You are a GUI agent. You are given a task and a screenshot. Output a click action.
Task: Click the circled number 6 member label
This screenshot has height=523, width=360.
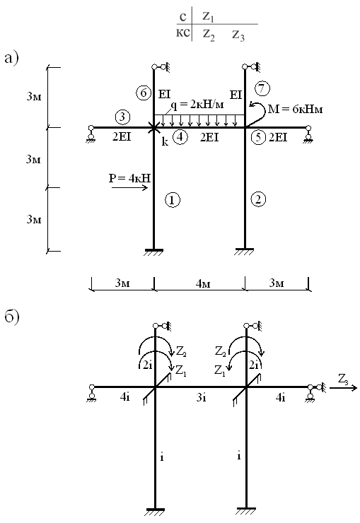click(x=143, y=93)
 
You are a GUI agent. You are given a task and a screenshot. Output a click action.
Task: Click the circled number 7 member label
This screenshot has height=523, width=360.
click(x=262, y=89)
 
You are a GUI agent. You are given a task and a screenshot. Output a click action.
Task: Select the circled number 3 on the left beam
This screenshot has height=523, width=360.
click(x=122, y=117)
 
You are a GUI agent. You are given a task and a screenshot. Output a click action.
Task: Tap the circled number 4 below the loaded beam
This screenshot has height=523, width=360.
click(x=180, y=137)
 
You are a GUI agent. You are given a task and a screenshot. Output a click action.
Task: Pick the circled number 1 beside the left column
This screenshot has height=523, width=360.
click(x=172, y=200)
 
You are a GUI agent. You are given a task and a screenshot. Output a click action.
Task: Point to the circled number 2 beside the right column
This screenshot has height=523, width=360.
click(x=258, y=199)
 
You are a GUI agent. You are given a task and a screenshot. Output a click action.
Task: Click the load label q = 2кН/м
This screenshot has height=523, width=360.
click(x=197, y=105)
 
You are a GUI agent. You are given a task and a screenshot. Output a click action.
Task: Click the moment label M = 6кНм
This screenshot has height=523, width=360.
click(x=295, y=109)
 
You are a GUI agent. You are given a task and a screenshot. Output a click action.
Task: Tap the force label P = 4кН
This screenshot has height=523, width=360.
click(x=130, y=178)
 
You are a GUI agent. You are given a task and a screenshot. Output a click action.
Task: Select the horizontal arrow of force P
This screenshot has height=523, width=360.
click(x=130, y=188)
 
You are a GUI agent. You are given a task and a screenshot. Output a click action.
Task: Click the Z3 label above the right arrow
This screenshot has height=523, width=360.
click(x=343, y=379)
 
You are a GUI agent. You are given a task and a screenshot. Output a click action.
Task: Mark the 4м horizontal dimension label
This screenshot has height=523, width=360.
click(x=203, y=283)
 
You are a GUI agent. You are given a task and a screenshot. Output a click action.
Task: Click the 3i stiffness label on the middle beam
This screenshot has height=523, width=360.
click(x=201, y=397)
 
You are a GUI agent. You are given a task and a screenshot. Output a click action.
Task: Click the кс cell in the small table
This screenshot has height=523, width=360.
click(x=183, y=33)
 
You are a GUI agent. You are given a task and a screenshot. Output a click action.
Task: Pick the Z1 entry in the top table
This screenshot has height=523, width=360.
click(x=208, y=17)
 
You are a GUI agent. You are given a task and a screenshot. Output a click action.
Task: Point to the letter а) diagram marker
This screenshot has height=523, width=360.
click(x=12, y=59)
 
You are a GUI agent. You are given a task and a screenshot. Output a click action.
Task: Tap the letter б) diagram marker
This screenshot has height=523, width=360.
click(x=12, y=316)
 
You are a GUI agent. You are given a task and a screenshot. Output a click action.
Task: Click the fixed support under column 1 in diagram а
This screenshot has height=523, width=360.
click(x=153, y=252)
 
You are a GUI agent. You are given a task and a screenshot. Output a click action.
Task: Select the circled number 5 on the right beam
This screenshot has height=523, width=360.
click(x=259, y=137)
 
